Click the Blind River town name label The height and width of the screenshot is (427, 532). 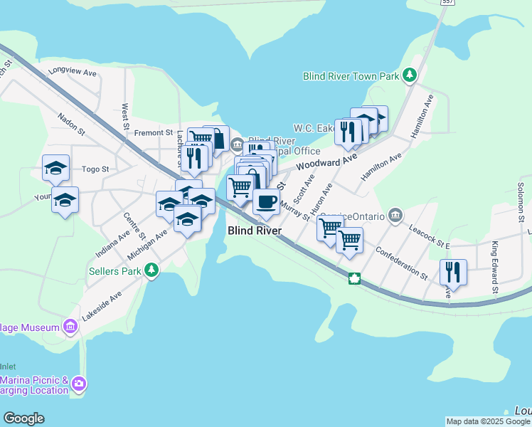click(255, 231)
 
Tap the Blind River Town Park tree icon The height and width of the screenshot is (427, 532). click(410, 75)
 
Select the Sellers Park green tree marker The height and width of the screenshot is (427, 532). click(151, 270)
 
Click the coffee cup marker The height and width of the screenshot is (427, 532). click(266, 201)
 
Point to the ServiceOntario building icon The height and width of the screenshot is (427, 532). click(396, 215)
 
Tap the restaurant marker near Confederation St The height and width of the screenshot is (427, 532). click(453, 271)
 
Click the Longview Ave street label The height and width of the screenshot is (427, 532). click(73, 71)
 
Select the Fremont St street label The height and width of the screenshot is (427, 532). click(154, 132)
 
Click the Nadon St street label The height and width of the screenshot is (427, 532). click(71, 117)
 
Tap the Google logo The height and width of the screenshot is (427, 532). click(23, 418)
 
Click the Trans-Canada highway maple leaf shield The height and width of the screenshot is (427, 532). click(354, 278)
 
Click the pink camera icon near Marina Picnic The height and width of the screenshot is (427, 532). click(79, 384)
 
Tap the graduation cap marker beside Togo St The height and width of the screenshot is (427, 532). click(55, 167)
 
